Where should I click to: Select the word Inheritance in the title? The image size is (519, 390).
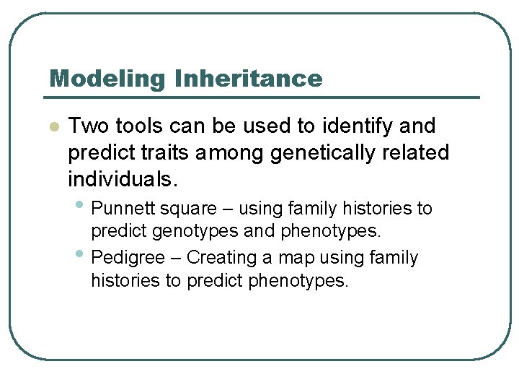(248, 78)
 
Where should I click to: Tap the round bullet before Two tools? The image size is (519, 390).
(53, 127)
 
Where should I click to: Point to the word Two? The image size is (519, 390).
(87, 126)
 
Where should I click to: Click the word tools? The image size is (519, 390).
(138, 126)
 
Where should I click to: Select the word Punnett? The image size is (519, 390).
(124, 209)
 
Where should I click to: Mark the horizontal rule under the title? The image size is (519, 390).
(263, 97)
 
